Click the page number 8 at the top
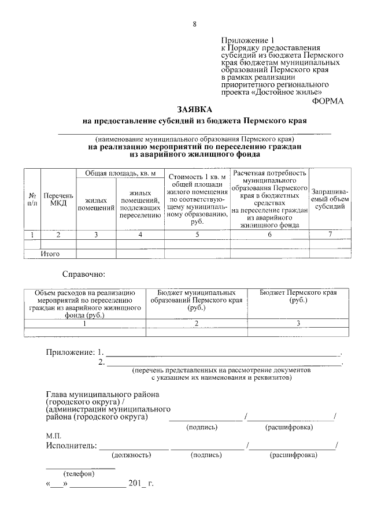click(x=195, y=24)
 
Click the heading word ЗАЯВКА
click(x=195, y=109)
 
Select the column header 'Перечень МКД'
click(x=58, y=199)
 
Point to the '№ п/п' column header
click(x=32, y=199)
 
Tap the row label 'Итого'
click(x=50, y=253)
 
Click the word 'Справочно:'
click(x=84, y=273)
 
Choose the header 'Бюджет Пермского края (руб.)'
click(x=298, y=297)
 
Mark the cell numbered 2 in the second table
click(x=197, y=324)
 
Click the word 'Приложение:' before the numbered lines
click(x=70, y=352)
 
